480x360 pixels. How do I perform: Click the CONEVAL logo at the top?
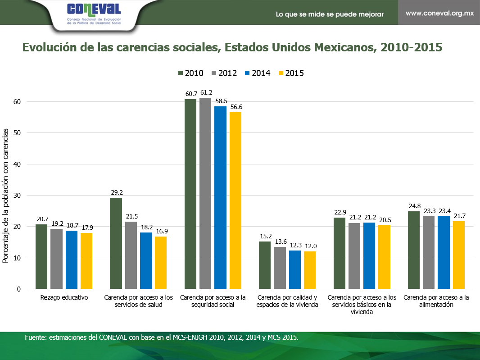pyautogui.click(x=93, y=14)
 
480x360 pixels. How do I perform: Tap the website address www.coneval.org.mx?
pyautogui.click(x=439, y=13)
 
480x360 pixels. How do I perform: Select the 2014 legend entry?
pyautogui.click(x=257, y=73)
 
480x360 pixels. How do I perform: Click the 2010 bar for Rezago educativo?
pyautogui.click(x=41, y=257)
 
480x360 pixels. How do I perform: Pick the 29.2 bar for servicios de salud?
pyautogui.click(x=116, y=243)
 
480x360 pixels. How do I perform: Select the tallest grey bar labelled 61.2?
pyautogui.click(x=206, y=193)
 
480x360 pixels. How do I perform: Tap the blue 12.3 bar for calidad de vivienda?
pyautogui.click(x=295, y=269)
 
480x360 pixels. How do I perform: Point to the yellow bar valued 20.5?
pyautogui.click(x=384, y=257)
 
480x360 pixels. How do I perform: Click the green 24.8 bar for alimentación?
pyautogui.click(x=414, y=250)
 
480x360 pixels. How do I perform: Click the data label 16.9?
pyautogui.click(x=161, y=231)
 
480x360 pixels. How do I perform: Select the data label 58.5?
pyautogui.click(x=221, y=101)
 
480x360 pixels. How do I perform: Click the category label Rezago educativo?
pyautogui.click(x=64, y=298)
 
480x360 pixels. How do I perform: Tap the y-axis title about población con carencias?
pyautogui.click(x=6, y=195)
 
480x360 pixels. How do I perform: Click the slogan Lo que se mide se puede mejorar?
pyautogui.click(x=330, y=14)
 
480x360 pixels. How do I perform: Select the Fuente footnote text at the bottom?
pyautogui.click(x=162, y=337)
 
